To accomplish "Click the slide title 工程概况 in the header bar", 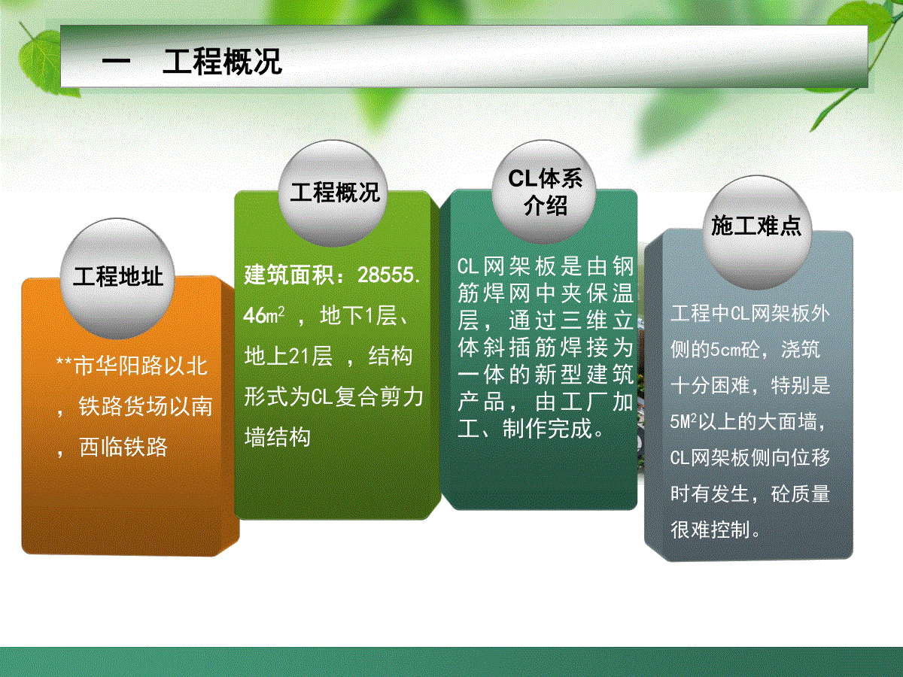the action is [222, 62].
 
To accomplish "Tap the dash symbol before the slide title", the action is [116, 62].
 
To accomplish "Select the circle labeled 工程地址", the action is [117, 278].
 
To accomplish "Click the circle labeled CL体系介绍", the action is [544, 192].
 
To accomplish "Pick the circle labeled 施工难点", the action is [756, 232].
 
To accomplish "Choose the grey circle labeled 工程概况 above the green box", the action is [333, 193].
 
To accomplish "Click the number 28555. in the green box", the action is [389, 275].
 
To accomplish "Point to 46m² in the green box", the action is [263, 315].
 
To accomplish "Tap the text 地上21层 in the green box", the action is [288, 356].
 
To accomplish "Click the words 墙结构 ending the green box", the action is [277, 436].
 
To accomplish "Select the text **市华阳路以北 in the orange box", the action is [132, 366].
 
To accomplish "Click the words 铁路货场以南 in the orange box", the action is [145, 406].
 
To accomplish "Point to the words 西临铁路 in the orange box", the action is [123, 447].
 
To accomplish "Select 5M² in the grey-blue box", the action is [684, 421].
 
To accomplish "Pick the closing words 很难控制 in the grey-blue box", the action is [710, 530].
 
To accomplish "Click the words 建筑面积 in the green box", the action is [289, 275].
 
